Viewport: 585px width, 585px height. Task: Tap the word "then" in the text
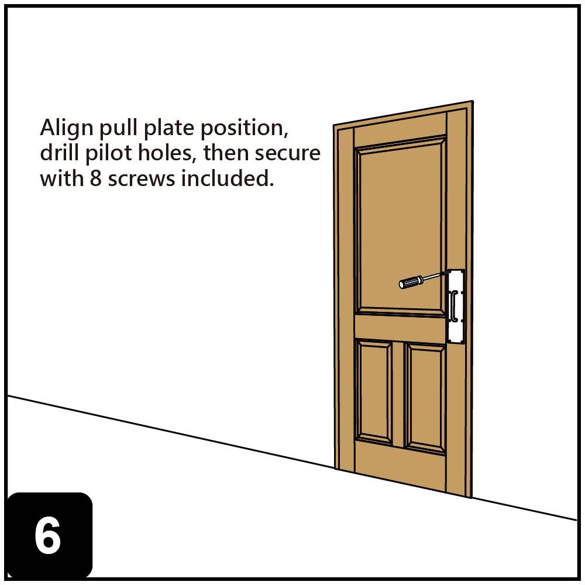[226, 153]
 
